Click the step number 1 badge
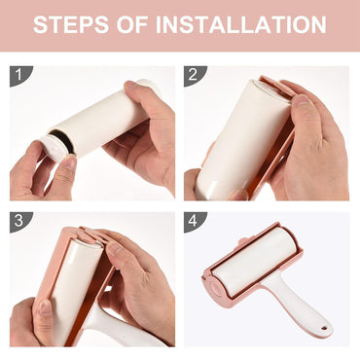pyautogui.click(x=19, y=75)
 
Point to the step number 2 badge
pyautogui.click(x=194, y=75)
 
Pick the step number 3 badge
pyautogui.click(x=19, y=222)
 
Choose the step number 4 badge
pyautogui.click(x=194, y=222)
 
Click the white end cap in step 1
pyautogui.click(x=54, y=148)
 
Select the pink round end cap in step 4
pyautogui.click(x=215, y=285)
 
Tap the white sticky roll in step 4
pyautogui.click(x=255, y=261)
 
